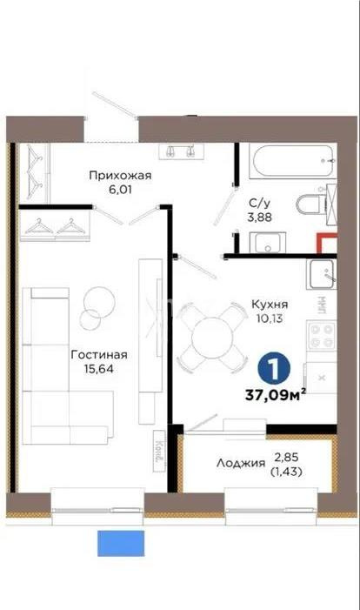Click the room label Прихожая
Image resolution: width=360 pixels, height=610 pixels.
coord(120,175)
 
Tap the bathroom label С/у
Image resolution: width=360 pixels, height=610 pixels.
coord(258,199)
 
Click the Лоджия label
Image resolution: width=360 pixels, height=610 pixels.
coord(241,464)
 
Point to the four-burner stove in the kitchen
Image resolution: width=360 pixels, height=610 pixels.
coord(320,336)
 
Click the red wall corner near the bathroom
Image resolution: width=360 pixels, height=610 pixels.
coord(325,245)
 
